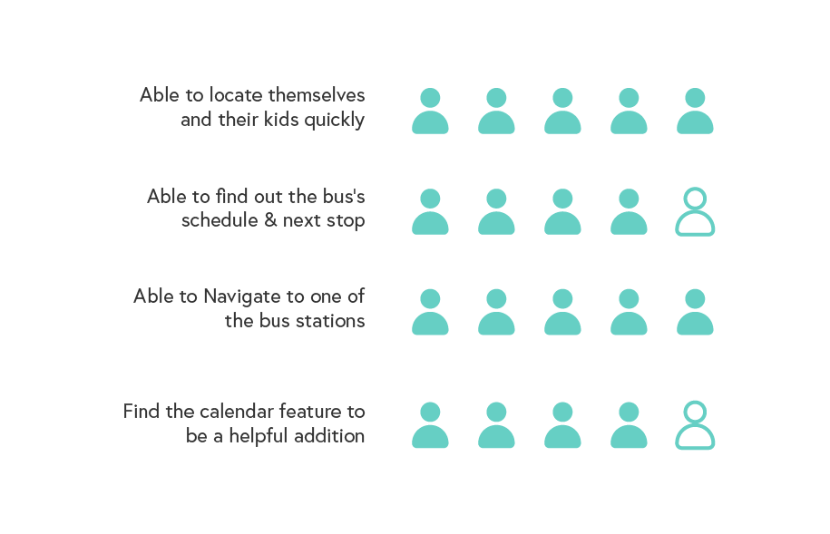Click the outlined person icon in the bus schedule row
coord(695,212)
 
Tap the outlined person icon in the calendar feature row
coord(695,425)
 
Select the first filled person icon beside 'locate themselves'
coord(430,112)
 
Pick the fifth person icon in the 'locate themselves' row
coord(695,112)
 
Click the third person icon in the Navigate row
coord(562,312)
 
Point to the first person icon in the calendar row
coord(430,425)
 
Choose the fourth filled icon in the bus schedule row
coord(629,212)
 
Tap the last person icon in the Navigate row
coord(695,312)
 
